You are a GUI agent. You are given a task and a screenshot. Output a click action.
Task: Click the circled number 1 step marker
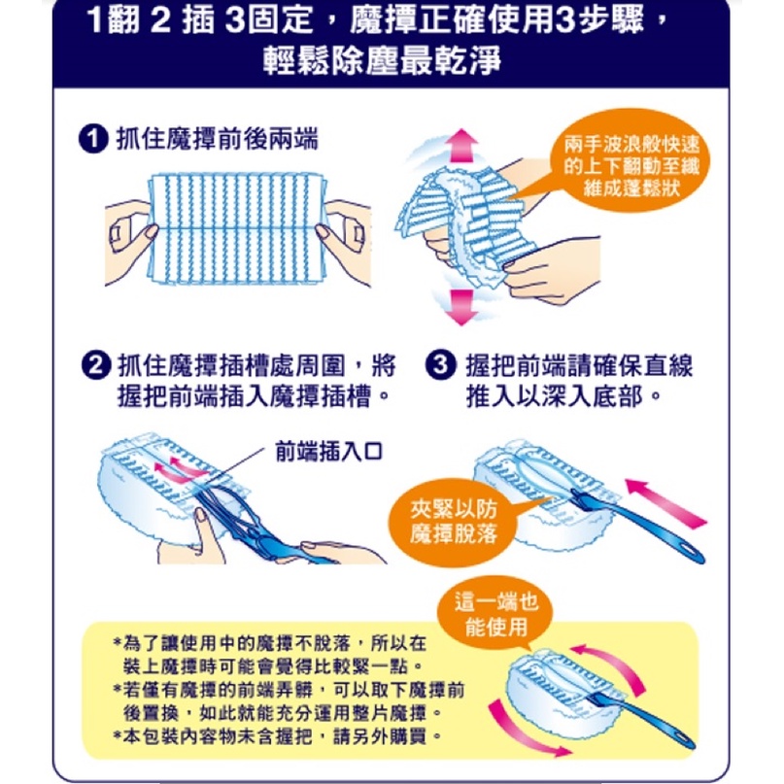93,139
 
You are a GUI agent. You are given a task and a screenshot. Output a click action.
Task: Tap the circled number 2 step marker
95,365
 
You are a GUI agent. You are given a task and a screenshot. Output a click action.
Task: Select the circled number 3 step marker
440,365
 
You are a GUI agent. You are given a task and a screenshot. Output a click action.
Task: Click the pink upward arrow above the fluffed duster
461,146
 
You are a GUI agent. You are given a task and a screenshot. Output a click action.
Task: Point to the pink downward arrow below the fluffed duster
461,307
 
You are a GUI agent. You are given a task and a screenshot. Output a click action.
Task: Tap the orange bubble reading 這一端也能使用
496,614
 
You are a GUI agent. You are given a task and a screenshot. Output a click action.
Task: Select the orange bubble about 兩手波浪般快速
630,164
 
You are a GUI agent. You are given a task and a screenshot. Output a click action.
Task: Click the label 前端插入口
328,452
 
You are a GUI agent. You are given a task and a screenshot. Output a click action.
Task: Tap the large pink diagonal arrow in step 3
665,502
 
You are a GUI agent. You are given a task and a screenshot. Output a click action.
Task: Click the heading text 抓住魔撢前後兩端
217,139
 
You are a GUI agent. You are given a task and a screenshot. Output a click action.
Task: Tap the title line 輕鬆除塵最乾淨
382,60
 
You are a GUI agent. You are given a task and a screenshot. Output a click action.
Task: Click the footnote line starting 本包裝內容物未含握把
278,736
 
